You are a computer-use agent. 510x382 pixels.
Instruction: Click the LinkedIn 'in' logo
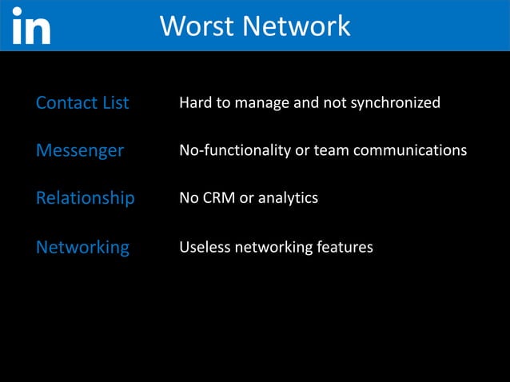pos(31,26)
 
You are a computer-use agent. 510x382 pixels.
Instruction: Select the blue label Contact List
pos(82,103)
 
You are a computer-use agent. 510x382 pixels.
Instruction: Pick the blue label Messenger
pos(80,150)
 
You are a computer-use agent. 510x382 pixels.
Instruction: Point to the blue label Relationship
pos(86,197)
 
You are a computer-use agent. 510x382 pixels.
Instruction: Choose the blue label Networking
pos(82,247)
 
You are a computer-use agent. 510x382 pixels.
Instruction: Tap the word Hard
pos(194,103)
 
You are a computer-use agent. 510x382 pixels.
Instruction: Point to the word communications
pos(414,150)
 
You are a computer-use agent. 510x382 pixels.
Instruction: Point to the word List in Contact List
pos(114,103)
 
